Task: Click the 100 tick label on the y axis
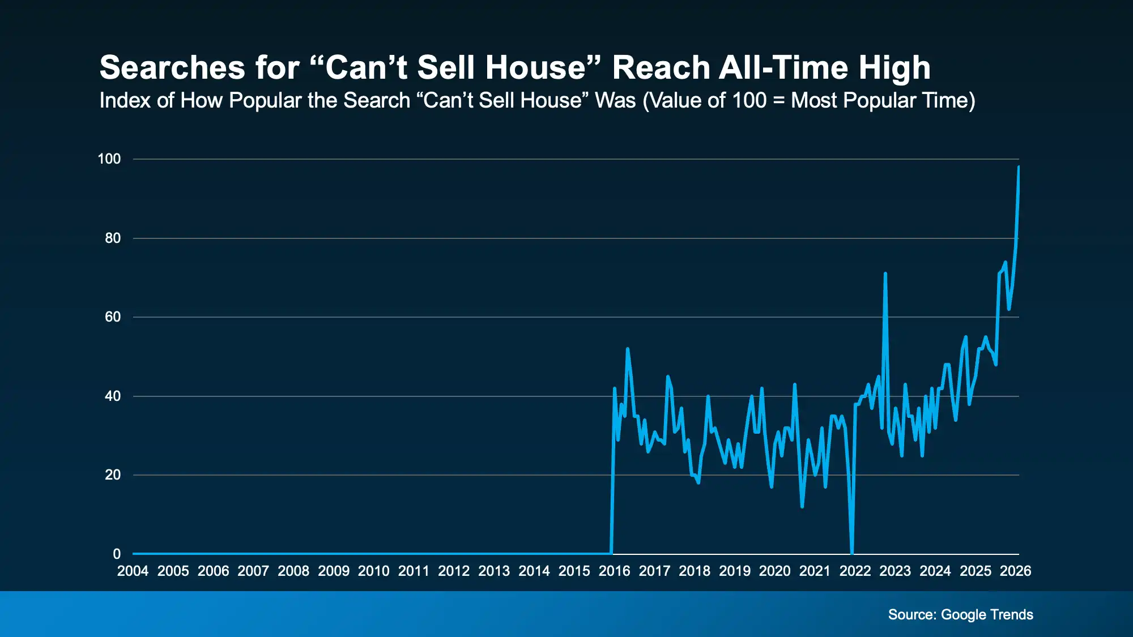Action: [x=109, y=159]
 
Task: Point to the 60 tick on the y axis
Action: [x=113, y=317]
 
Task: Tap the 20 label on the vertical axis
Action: [x=113, y=475]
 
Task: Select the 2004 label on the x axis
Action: [x=133, y=571]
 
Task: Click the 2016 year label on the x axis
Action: [x=614, y=571]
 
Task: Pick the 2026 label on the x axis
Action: [x=1015, y=571]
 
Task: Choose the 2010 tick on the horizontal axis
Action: [x=373, y=571]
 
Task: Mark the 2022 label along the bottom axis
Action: [x=855, y=571]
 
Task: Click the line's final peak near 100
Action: [x=1019, y=167]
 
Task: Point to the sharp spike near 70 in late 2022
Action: [x=885, y=273]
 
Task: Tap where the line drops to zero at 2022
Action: [x=852, y=553]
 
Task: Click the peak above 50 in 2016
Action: [x=627, y=349]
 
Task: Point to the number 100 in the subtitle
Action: [x=749, y=101]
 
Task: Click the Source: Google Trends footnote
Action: [x=960, y=614]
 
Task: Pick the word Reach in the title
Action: [x=661, y=68]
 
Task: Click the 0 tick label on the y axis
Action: [x=117, y=554]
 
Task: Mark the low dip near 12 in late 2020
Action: [x=802, y=506]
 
